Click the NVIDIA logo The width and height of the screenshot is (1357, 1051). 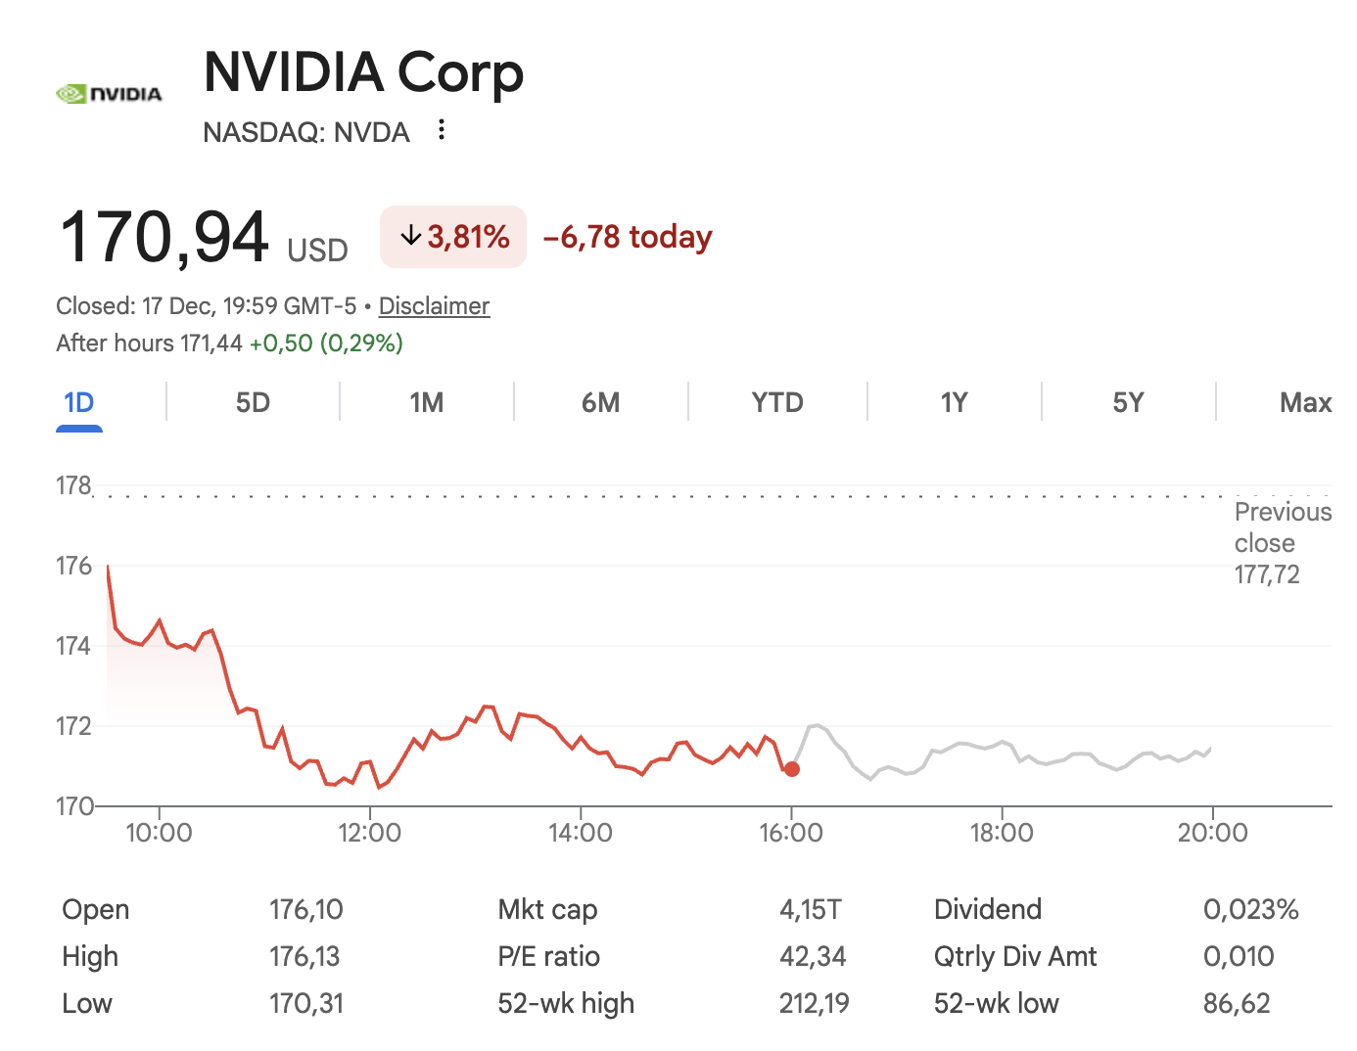[x=109, y=94]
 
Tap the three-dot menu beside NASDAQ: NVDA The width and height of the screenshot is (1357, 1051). [x=442, y=130]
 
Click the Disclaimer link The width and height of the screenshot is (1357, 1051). [x=434, y=306]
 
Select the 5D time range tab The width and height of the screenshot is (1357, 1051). [x=253, y=403]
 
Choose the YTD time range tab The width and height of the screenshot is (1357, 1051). [x=777, y=403]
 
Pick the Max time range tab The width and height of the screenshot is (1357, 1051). [x=1305, y=403]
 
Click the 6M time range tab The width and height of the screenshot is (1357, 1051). [x=601, y=403]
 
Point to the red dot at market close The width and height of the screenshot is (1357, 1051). [x=792, y=769]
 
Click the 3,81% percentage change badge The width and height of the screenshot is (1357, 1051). [x=453, y=237]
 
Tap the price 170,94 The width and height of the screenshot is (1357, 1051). [x=164, y=238]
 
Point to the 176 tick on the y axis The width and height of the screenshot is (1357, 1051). [x=73, y=566]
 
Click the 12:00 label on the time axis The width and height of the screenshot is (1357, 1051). [x=369, y=833]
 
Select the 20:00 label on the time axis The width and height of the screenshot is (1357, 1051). [x=1212, y=833]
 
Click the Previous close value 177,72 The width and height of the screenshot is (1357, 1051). [x=1267, y=574]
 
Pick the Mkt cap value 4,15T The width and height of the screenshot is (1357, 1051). [x=810, y=909]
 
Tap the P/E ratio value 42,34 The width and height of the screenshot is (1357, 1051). [x=813, y=956]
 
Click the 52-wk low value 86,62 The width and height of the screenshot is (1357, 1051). [x=1237, y=1003]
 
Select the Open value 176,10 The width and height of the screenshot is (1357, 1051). [x=306, y=909]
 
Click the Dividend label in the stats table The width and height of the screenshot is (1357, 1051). [x=987, y=909]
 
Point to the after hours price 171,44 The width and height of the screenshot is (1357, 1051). [x=211, y=343]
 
